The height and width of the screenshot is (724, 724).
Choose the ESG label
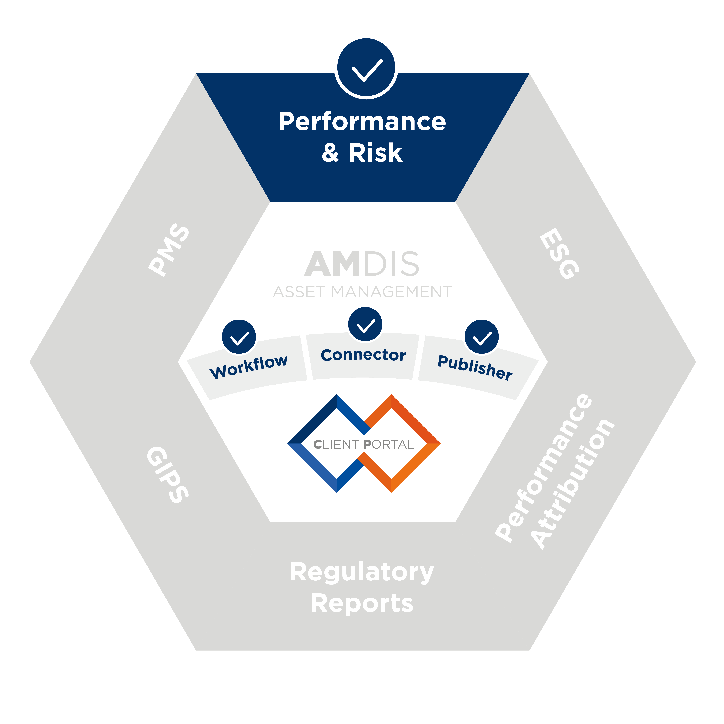click(x=559, y=254)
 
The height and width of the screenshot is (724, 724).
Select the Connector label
click(x=363, y=355)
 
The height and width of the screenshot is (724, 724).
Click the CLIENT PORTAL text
click(x=363, y=444)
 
